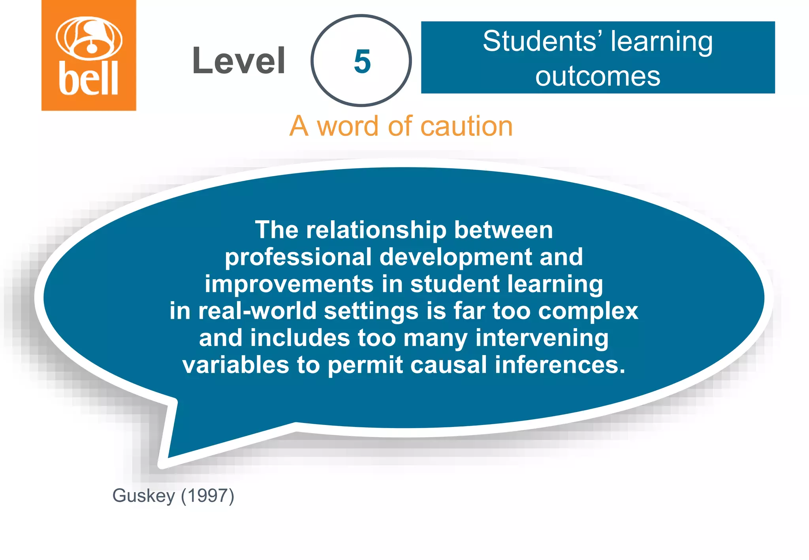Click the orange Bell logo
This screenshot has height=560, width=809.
coord(89,55)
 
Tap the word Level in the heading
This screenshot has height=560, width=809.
coord(239,60)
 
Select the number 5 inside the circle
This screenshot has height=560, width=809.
coord(362,62)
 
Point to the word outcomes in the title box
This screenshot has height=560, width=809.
coord(598,76)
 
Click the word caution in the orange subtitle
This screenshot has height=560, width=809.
coord(467,126)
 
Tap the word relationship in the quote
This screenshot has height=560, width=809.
coord(376,230)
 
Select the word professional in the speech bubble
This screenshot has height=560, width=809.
coord(298,257)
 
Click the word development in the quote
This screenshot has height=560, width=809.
coord(455,257)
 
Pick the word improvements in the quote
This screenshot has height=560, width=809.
coord(289,284)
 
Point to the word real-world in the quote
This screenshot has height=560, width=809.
coord(257,311)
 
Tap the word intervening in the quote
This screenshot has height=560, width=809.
coord(542,338)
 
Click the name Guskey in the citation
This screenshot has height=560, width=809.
coord(143,496)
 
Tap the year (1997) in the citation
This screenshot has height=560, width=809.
coord(208,496)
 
